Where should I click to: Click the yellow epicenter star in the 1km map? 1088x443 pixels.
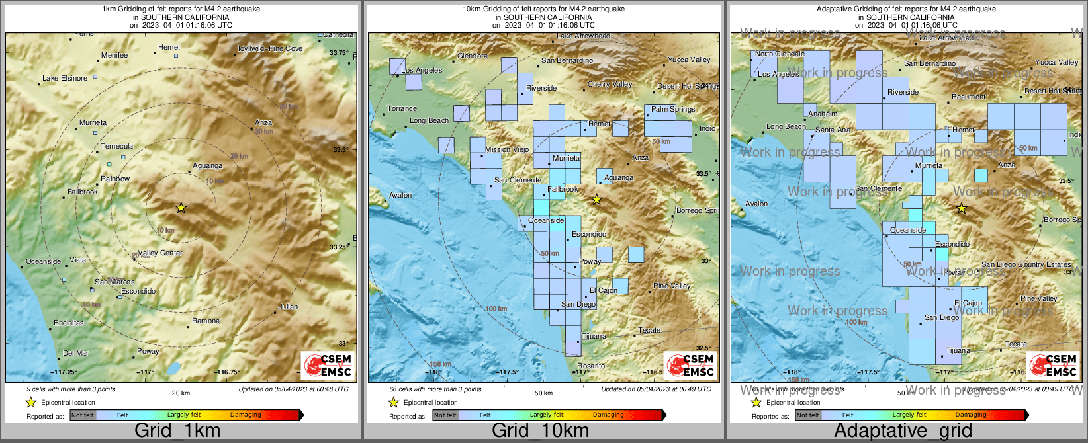pos(181,208)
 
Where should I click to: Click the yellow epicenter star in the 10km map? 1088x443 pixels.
pos(596,199)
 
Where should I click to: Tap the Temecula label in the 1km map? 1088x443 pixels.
pos(116,146)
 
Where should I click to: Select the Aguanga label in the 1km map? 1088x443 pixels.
pos(208,165)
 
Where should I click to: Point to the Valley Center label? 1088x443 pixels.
pos(160,253)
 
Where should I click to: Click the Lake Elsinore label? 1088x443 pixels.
pos(65,78)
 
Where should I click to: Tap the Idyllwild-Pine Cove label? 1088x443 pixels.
pos(270,48)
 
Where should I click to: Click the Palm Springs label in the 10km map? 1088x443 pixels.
pos(673,109)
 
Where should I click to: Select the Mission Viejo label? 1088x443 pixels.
pos(507,149)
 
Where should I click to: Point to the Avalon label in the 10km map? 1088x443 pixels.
pos(400,195)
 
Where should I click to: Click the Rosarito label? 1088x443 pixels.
pos(591,366)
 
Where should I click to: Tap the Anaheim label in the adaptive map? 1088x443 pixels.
pos(823,114)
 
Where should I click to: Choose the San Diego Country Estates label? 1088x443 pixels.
pos(1026,264)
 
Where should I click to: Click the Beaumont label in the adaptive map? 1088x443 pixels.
pos(969,97)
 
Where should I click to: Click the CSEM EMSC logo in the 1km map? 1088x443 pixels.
pos(328,365)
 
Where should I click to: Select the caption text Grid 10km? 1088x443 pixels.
pos(540,430)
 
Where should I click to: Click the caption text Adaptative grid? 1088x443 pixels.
pos(903,430)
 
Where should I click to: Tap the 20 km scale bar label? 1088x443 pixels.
pos(181,393)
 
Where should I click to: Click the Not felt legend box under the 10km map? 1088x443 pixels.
pos(445,415)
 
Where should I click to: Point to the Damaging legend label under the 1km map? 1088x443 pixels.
pos(246,415)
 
